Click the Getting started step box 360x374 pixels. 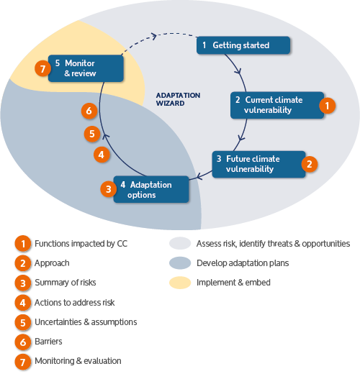click(x=243, y=45)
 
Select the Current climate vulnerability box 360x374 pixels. click(x=277, y=105)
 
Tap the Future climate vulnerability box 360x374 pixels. click(x=258, y=164)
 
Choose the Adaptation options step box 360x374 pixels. click(x=151, y=189)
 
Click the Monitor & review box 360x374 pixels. click(x=86, y=68)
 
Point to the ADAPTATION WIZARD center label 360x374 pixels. click(x=178, y=99)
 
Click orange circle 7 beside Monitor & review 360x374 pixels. click(x=42, y=68)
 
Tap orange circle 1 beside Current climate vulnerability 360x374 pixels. click(x=327, y=106)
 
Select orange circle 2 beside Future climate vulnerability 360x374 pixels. click(x=310, y=164)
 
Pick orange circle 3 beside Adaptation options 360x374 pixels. click(x=109, y=189)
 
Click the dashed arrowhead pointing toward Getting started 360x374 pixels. click(x=154, y=36)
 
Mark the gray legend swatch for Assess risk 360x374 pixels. click(x=180, y=243)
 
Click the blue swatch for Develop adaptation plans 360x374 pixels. click(x=180, y=263)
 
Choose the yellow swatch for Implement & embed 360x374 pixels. click(x=180, y=283)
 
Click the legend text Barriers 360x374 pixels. click(x=48, y=342)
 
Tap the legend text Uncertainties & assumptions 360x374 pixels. click(x=86, y=322)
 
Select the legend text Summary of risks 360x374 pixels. click(x=66, y=283)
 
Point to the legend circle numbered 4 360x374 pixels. click(x=23, y=303)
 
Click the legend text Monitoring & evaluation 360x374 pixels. click(x=78, y=361)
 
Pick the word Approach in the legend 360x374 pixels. click(x=52, y=263)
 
